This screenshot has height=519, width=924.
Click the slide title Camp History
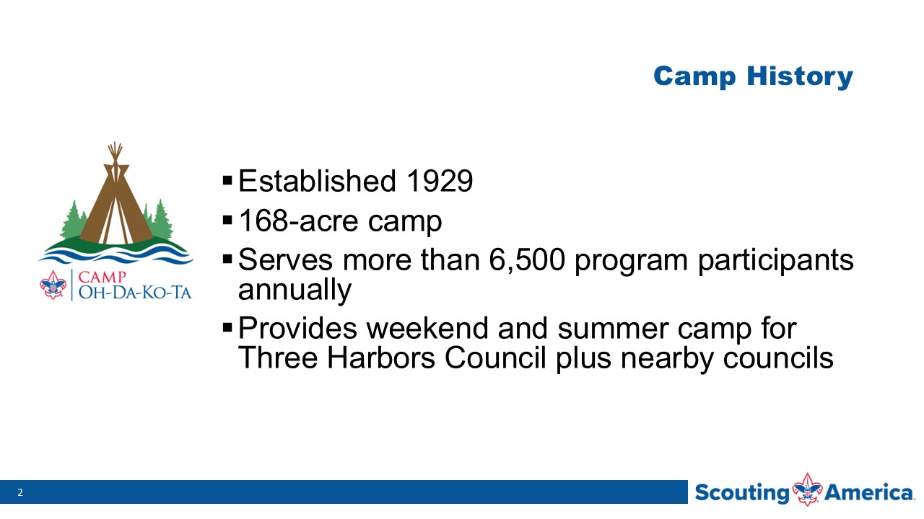(x=753, y=76)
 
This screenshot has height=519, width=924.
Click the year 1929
(x=440, y=181)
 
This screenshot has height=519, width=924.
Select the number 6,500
(x=527, y=260)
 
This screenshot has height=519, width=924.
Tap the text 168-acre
(x=299, y=221)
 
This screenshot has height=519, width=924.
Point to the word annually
(x=295, y=290)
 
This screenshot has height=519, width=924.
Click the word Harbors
(x=380, y=357)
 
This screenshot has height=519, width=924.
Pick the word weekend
(x=427, y=328)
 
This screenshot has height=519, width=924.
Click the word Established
(x=317, y=181)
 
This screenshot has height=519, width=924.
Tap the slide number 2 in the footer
(x=19, y=492)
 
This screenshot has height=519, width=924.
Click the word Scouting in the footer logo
(x=741, y=493)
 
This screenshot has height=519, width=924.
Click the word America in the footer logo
(x=869, y=492)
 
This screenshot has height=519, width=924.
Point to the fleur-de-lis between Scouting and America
(x=807, y=489)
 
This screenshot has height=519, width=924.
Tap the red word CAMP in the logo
(x=102, y=278)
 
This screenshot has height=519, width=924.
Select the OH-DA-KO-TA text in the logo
(x=135, y=293)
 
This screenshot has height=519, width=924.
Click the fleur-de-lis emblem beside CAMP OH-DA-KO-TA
(x=53, y=285)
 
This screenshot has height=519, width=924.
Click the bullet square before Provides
(x=227, y=328)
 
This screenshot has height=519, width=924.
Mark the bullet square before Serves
(x=227, y=259)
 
